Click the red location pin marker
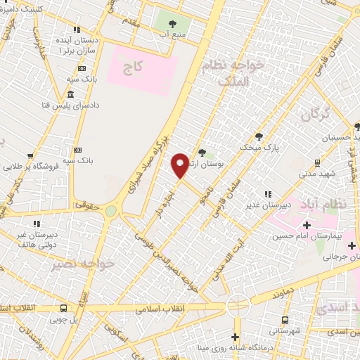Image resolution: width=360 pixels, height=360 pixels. click(x=180, y=164)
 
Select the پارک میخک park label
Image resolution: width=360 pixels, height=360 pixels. click(x=259, y=148)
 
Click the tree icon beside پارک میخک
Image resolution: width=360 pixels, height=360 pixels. click(x=259, y=136)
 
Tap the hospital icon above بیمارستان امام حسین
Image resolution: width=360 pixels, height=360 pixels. click(x=306, y=226)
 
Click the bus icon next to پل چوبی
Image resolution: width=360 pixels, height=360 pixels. click(x=64, y=308)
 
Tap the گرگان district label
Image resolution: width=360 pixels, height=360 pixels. click(x=316, y=115)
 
